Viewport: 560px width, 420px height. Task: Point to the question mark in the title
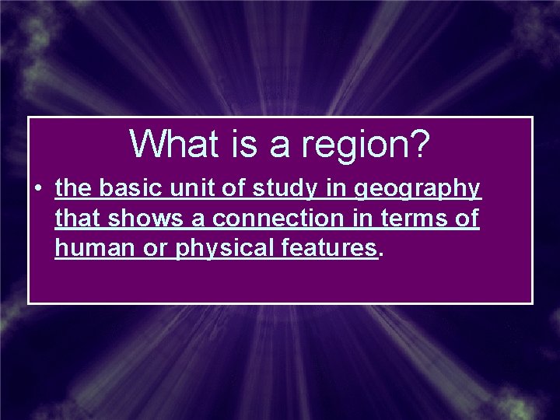point(418,144)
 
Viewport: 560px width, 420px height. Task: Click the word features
point(329,248)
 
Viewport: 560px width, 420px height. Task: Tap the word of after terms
point(466,219)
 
